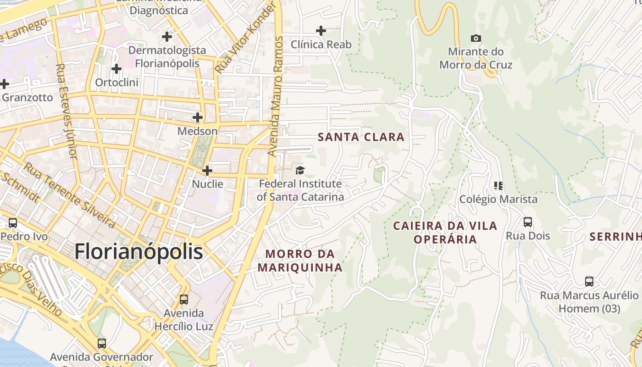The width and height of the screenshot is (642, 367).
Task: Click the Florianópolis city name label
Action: pos(138,251)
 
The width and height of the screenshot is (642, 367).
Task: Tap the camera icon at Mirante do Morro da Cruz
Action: pos(476,39)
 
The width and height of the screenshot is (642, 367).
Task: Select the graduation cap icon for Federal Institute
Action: pos(300,171)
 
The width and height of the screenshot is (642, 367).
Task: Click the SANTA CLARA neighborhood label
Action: pos(361,137)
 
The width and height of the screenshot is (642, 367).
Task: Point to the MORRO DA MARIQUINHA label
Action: pos(300,261)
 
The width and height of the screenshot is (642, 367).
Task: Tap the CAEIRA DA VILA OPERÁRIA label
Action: pos(445,232)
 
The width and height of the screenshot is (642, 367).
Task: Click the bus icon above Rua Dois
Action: pos(528,222)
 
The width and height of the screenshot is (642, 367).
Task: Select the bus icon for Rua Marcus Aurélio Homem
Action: pos(589,281)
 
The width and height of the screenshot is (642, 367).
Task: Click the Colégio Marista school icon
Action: pos(498,186)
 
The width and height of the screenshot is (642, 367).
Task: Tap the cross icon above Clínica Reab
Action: pos(321,31)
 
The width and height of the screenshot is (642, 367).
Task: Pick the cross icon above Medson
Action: pos(198,117)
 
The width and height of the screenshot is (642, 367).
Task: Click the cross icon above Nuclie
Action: pos(207,171)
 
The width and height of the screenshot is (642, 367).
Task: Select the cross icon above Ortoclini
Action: pos(116,69)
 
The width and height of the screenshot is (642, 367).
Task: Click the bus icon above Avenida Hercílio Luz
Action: pos(184,300)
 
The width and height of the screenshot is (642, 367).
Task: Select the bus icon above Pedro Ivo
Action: pos(13,223)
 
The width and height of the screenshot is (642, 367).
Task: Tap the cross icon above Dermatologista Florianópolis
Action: pos(167,36)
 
